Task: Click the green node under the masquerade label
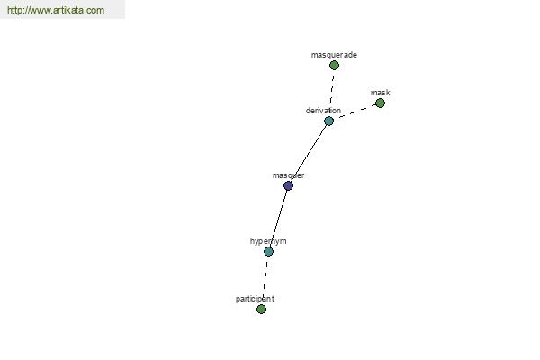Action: pyautogui.click(x=334, y=65)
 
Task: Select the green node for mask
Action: pyautogui.click(x=380, y=103)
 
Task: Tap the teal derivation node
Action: pyautogui.click(x=328, y=121)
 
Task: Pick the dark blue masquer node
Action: pyautogui.click(x=288, y=186)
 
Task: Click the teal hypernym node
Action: pyautogui.click(x=268, y=251)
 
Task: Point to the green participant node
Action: pyautogui.click(x=261, y=309)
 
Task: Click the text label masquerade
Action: pyautogui.click(x=334, y=55)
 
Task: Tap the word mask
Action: pyautogui.click(x=380, y=93)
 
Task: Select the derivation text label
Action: pyautogui.click(x=323, y=111)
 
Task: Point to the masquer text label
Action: pyautogui.click(x=288, y=175)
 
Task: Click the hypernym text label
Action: pyautogui.click(x=268, y=241)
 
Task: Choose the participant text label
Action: pyautogui.click(x=255, y=299)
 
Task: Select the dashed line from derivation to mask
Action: pyautogui.click(x=356, y=112)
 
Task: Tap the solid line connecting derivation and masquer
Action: pyautogui.click(x=309, y=154)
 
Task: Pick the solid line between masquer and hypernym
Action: pyautogui.click(x=279, y=219)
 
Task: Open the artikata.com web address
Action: pyautogui.click(x=56, y=10)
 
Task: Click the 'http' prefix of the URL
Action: pyautogui.click(x=14, y=10)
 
